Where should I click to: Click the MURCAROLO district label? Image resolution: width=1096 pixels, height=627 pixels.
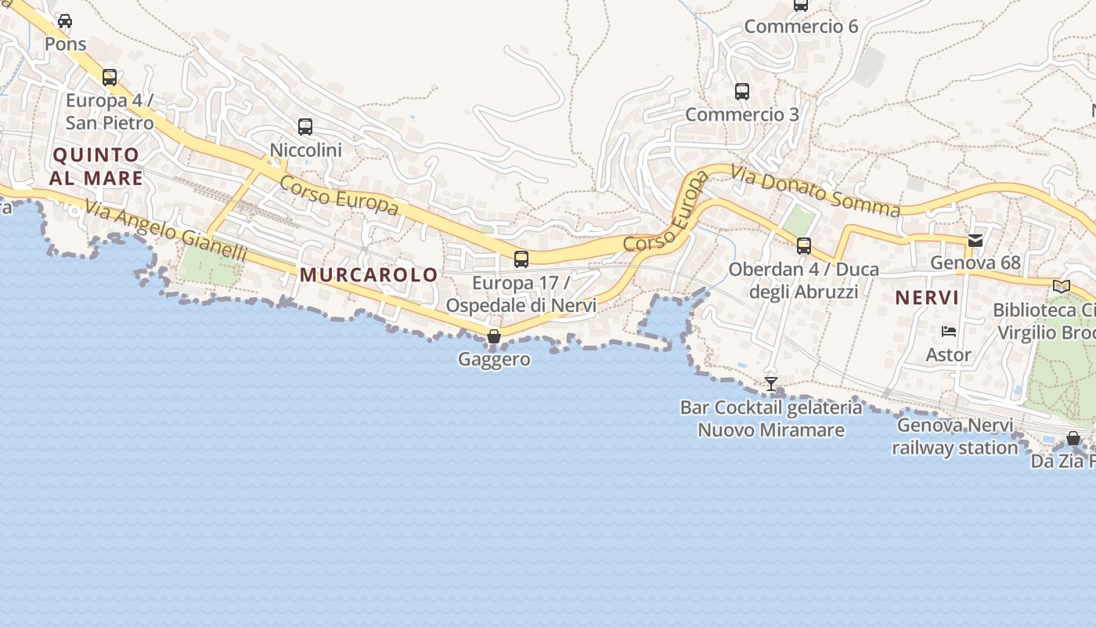coord(369,275)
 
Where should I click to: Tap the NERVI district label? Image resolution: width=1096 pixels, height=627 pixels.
coord(927,298)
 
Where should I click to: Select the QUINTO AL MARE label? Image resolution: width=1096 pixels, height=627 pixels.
coord(96,166)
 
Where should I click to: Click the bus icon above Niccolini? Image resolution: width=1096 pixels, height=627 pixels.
coord(305,126)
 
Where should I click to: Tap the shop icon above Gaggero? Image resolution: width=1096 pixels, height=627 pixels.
coord(494,336)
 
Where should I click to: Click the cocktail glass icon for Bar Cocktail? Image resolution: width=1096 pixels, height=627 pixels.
coord(771,383)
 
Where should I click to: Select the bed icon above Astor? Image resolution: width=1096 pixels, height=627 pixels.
coord(949,332)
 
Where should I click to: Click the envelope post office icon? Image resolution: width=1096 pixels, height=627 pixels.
coord(975,241)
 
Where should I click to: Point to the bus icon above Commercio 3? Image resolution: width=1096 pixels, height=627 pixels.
coord(742,92)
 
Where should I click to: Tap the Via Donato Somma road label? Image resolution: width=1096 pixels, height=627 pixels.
coord(816,190)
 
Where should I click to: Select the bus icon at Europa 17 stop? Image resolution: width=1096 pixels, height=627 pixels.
coord(521,259)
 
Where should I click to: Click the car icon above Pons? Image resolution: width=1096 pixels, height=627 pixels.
coord(65,21)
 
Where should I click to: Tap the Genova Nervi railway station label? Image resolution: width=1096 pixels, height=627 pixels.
coord(955,437)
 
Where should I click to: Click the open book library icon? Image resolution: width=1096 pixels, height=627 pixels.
coord(1062,287)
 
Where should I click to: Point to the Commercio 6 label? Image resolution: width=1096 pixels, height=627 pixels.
coord(801,27)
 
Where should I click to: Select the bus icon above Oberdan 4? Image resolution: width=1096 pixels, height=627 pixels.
coord(804,246)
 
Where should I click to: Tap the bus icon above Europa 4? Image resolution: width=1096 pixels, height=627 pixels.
coord(110,78)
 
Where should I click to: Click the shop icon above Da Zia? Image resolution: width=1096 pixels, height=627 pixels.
coord(1073,439)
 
